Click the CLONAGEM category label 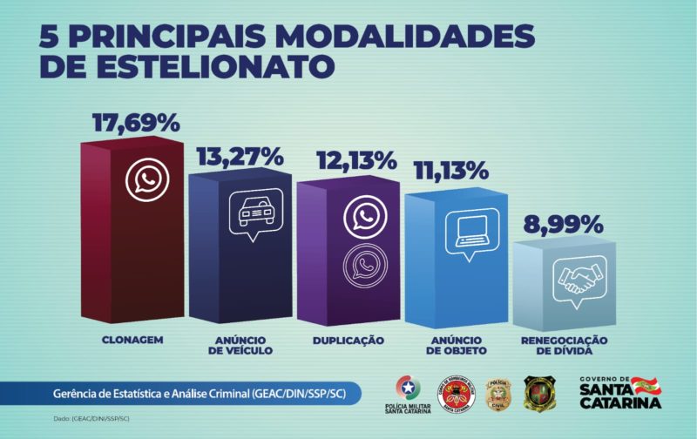tap(132, 339)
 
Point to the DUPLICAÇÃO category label tap(348, 339)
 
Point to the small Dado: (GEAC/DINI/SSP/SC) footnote tap(88, 419)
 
